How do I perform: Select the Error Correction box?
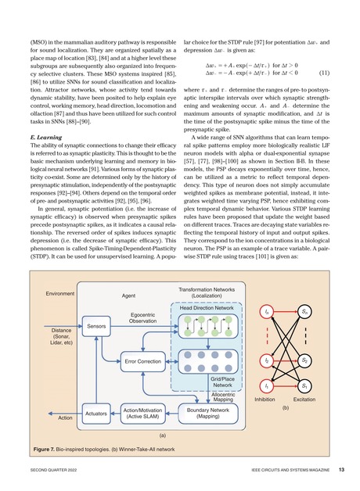143,361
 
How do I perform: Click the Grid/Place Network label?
222,381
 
